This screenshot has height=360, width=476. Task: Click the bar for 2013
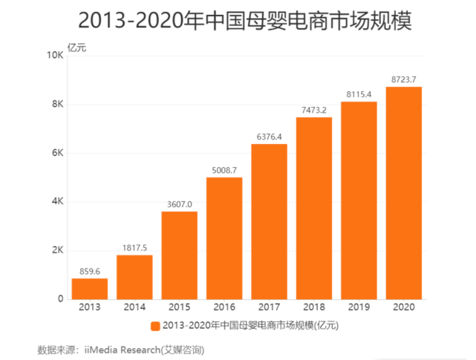pyautogui.click(x=90, y=288)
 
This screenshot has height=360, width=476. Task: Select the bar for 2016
pyautogui.click(x=224, y=238)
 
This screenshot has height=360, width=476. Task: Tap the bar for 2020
pyautogui.click(x=403, y=192)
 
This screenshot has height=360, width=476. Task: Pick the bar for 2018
pyautogui.click(x=314, y=207)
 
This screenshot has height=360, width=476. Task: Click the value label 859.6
pyautogui.click(x=90, y=271)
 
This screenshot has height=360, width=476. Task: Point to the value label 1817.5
pyautogui.click(x=134, y=248)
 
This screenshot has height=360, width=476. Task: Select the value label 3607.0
pyautogui.click(x=180, y=204)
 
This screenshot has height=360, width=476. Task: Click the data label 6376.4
pyautogui.click(x=269, y=137)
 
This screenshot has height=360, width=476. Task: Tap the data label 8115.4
pyautogui.click(x=359, y=94)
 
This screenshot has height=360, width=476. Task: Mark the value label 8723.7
pyautogui.click(x=403, y=79)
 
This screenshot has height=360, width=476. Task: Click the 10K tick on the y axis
pyautogui.click(x=54, y=55)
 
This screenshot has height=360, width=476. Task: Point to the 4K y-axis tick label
pyautogui.click(x=57, y=201)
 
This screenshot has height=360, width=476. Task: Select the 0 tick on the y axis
pyautogui.click(x=61, y=298)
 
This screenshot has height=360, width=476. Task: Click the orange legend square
pyautogui.click(x=155, y=326)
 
